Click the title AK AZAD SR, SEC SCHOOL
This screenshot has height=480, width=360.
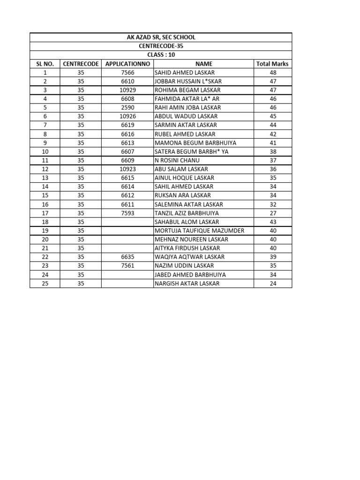161,37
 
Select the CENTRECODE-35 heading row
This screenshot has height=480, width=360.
161,46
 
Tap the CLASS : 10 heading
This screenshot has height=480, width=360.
161,55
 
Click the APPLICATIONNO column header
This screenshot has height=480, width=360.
127,64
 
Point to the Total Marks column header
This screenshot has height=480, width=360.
273,64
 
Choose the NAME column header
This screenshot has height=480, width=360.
204,64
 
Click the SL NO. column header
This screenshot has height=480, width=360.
45,64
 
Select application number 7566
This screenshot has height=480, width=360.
127,73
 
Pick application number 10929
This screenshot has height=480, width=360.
127,90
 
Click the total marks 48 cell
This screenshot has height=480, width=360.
273,73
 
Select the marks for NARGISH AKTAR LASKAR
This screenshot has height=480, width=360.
273,284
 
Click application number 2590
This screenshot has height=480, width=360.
127,108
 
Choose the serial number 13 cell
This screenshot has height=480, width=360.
45,178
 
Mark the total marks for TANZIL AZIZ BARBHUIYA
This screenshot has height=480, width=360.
273,213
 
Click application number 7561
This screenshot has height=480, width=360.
127,266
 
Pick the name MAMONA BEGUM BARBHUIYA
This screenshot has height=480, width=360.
195,143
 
